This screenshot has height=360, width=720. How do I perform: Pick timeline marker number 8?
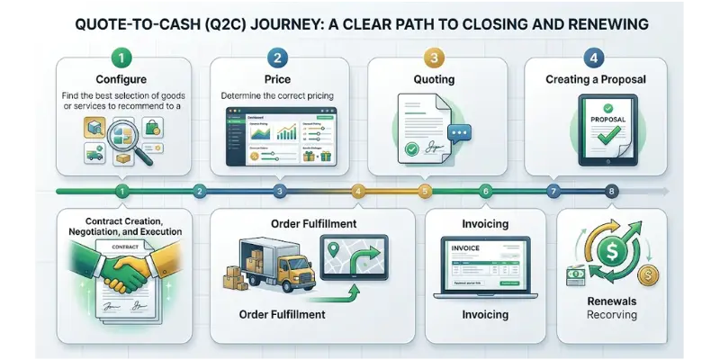point(612,191)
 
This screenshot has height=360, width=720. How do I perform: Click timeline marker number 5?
point(426,191)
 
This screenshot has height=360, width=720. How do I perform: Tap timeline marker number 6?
point(486,191)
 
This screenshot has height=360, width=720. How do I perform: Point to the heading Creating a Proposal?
point(595,81)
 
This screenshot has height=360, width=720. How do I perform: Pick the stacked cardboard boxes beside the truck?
point(236,271)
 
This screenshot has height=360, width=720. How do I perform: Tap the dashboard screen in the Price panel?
point(279,136)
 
